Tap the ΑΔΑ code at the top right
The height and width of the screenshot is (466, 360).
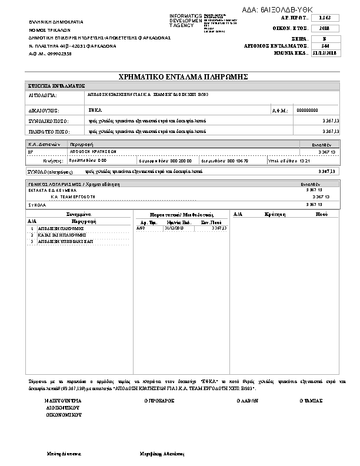[x=278, y=10]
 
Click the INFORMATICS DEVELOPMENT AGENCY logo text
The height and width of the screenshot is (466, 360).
[x=186, y=20]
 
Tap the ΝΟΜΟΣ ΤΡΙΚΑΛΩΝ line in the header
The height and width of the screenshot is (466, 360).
[x=50, y=29]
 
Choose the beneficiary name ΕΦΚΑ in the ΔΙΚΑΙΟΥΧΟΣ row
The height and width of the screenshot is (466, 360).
[x=95, y=110]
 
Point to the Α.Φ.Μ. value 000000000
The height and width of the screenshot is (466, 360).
[x=307, y=110]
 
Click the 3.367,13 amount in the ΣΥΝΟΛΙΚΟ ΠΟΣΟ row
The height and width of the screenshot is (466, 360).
[x=331, y=121]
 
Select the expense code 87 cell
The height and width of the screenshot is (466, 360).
[x=31, y=152]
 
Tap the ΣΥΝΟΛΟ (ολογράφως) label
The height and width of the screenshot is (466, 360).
[x=50, y=171]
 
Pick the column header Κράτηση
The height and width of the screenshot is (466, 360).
[x=275, y=215]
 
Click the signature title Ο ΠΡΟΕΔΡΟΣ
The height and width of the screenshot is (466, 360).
[x=159, y=400]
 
